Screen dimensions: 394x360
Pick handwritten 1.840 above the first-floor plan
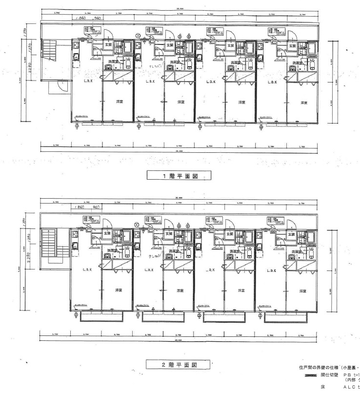pos(85,18)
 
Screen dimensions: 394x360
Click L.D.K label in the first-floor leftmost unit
pos(88,82)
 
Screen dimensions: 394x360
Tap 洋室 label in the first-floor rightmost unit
pos(303,103)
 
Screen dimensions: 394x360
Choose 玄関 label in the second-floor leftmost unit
pos(107,233)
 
